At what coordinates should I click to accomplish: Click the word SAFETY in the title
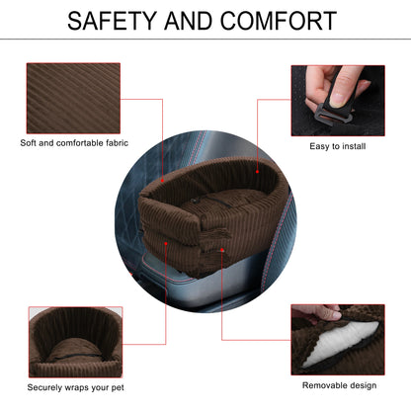112,21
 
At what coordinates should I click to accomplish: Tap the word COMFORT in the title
279,21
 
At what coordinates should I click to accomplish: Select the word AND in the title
188,21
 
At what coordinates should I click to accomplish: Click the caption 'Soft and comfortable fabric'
74,143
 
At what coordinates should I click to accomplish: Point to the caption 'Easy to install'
338,146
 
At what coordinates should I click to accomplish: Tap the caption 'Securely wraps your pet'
75,387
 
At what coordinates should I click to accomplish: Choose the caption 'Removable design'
339,385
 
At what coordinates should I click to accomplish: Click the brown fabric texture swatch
73,98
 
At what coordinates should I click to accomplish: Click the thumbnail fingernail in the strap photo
337,100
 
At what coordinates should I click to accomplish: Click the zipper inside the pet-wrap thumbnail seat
76,355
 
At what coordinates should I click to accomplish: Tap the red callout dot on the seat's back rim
162,181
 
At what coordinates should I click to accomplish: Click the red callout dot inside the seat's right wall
257,172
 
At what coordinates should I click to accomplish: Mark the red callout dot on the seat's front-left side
166,244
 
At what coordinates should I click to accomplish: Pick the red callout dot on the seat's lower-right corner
222,250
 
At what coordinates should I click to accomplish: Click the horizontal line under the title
205,40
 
